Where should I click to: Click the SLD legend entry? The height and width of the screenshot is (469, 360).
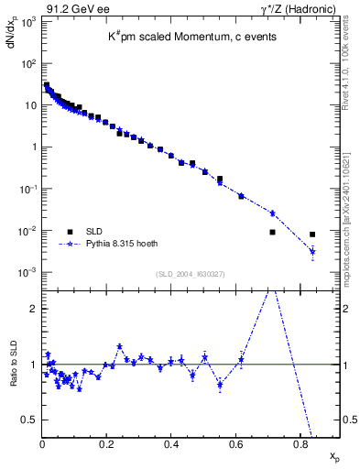click(x=94, y=231)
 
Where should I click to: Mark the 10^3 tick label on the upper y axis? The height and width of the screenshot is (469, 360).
click(x=28, y=21)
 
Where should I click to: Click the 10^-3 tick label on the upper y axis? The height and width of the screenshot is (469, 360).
click(x=27, y=273)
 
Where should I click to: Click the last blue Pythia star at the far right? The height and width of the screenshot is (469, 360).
click(x=312, y=252)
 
